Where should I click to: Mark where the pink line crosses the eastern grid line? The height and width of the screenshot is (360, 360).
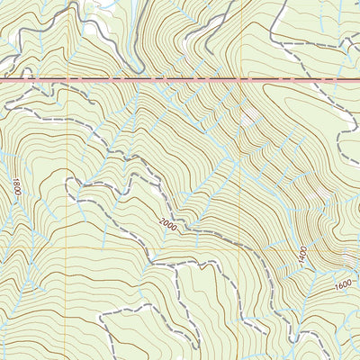click(239, 79)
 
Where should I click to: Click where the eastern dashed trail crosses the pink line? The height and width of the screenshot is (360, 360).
click(335, 79)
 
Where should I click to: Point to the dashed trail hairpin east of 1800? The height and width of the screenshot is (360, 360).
click(74, 184)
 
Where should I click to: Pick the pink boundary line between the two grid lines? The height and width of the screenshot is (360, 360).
click(153, 79)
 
